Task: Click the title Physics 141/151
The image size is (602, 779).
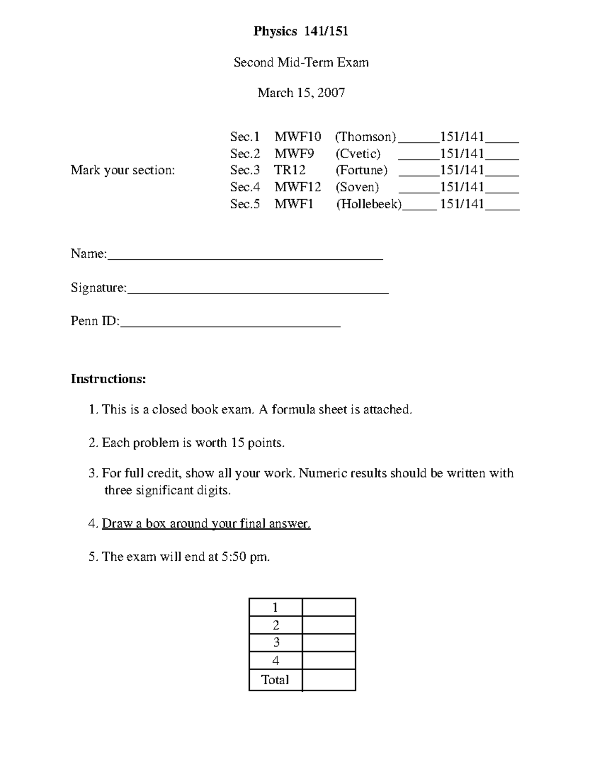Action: [300, 32]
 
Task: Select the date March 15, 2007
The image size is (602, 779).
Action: [301, 93]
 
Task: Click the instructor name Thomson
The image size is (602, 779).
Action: [366, 137]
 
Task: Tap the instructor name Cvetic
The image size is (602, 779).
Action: [358, 153]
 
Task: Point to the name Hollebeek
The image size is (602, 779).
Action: [369, 204]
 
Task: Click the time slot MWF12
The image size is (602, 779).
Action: [297, 187]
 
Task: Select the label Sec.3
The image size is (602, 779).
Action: [245, 170]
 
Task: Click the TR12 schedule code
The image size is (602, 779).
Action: [289, 170]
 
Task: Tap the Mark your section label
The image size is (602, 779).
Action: [123, 170]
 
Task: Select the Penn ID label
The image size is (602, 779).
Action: [95, 321]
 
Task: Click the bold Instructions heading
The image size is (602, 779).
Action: [108, 379]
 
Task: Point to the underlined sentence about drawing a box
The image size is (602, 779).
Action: [206, 524]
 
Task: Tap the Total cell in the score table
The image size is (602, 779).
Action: [275, 680]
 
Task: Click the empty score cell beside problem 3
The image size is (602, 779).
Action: [329, 643]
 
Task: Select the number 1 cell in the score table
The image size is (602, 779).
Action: [275, 607]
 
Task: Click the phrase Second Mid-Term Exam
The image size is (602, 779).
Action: [301, 63]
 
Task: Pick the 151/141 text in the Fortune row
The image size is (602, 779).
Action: [462, 170]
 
